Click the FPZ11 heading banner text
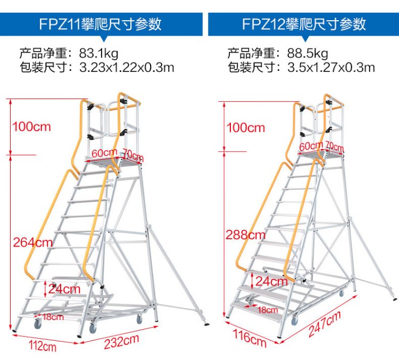(x=101, y=24)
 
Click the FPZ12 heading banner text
(x=304, y=24)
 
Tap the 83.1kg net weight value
(x=98, y=53)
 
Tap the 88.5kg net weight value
(x=307, y=53)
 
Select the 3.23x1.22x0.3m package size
(x=127, y=68)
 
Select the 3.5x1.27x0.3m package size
(x=331, y=68)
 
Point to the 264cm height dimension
(x=33, y=242)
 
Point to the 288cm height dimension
(x=245, y=234)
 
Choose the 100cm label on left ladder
(x=32, y=127)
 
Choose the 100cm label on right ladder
(x=245, y=127)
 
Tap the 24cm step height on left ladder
(x=64, y=289)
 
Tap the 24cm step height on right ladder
(x=271, y=281)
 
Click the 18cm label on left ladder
(x=53, y=317)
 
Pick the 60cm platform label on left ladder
(x=104, y=152)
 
